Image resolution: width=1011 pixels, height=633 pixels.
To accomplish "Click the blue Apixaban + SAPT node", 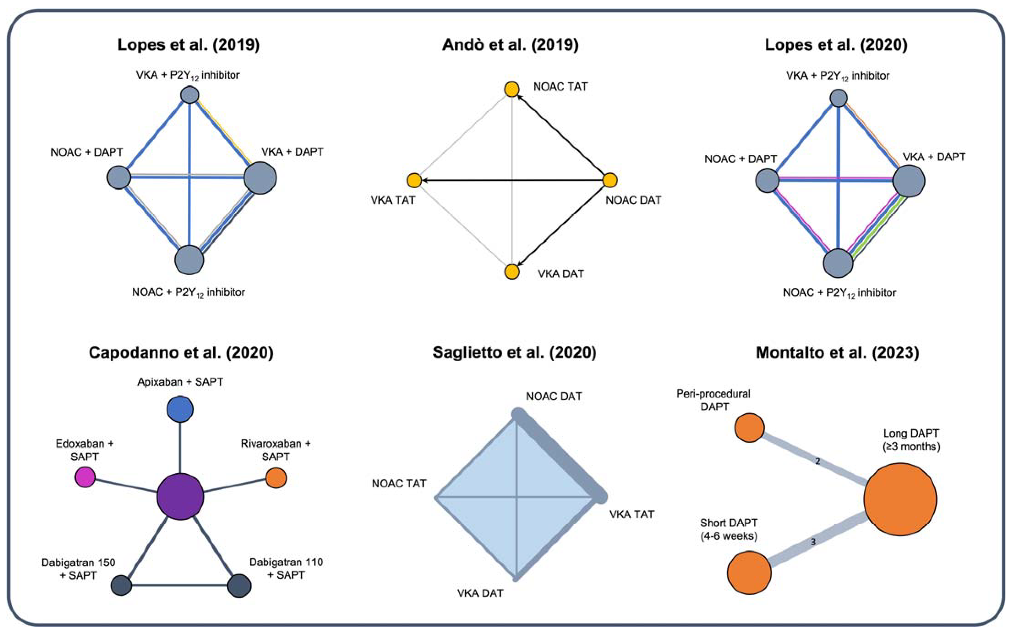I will (180, 409).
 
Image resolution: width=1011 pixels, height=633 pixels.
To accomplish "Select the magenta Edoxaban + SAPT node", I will (85, 477).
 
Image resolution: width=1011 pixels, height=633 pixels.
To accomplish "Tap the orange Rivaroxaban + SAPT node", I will (276, 478).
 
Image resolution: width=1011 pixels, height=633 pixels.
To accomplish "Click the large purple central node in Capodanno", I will (180, 497).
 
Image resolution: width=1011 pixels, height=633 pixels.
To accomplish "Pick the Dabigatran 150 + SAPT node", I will (121, 585).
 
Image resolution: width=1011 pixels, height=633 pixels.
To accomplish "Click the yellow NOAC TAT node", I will (512, 89).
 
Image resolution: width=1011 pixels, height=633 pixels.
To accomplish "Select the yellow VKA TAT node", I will (414, 180).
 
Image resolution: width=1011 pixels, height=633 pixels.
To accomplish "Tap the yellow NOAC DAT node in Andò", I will (610, 180).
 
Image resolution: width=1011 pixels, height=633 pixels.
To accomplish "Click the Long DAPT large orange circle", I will (900, 499).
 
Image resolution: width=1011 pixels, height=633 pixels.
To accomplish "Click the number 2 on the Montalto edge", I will (817, 461).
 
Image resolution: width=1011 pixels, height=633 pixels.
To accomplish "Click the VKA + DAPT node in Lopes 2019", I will (260, 178).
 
